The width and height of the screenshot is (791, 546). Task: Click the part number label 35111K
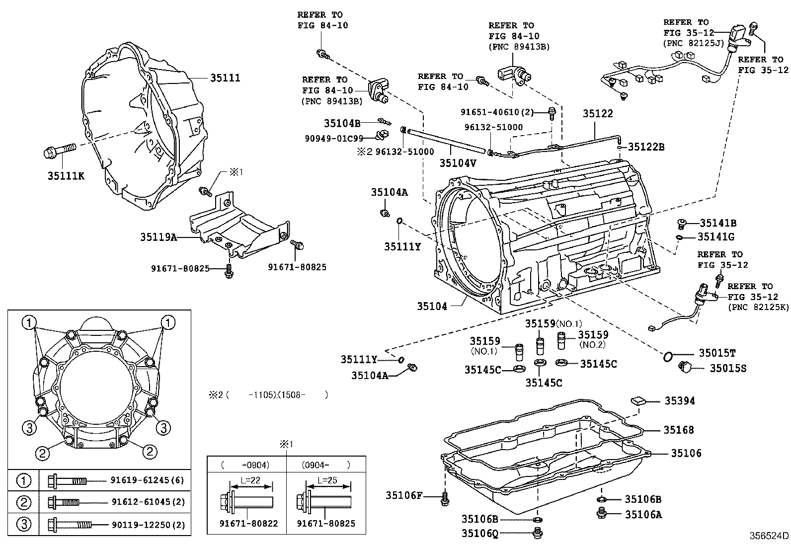pyautogui.click(x=66, y=175)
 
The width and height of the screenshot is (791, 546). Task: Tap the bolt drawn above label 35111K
pyautogui.click(x=59, y=150)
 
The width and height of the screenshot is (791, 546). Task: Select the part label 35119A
pyautogui.click(x=158, y=237)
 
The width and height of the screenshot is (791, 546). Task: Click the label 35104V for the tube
pyautogui.click(x=458, y=162)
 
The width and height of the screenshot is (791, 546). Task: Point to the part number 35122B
pyautogui.click(x=646, y=147)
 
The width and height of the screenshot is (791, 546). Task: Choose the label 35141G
pyautogui.click(x=716, y=237)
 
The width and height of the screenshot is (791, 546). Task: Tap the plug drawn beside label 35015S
pyautogui.click(x=686, y=368)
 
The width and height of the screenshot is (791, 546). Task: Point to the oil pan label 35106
pyautogui.click(x=686, y=453)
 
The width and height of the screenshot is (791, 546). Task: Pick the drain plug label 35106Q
pyautogui.click(x=479, y=534)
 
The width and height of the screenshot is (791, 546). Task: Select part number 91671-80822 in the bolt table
pyautogui.click(x=249, y=523)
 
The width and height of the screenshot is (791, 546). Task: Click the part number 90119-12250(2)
pyautogui.click(x=148, y=524)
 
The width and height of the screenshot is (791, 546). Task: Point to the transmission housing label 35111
pyautogui.click(x=225, y=78)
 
